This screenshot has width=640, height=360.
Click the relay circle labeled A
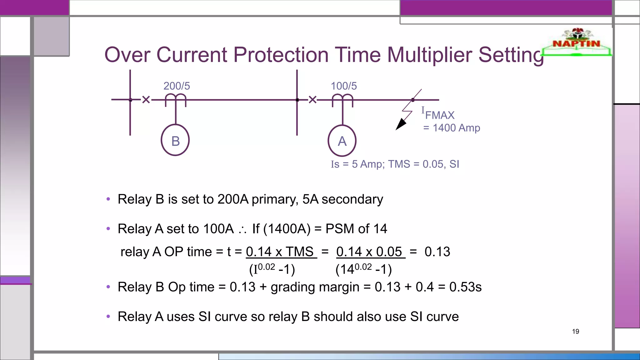(x=342, y=141)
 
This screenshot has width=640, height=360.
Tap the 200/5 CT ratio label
(x=177, y=86)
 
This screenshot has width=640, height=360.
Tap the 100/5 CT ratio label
(x=344, y=86)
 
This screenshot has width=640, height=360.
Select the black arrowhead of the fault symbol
(x=400, y=125)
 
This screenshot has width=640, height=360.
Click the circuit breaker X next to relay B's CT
(x=146, y=100)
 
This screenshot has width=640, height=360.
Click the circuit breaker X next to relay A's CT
(x=312, y=100)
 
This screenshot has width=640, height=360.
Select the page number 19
(x=575, y=332)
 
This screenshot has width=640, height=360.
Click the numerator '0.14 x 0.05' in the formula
(x=369, y=252)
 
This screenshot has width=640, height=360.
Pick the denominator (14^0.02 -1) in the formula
(x=363, y=269)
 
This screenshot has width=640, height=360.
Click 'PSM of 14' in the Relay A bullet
(x=356, y=229)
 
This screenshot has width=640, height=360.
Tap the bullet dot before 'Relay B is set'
(x=108, y=199)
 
